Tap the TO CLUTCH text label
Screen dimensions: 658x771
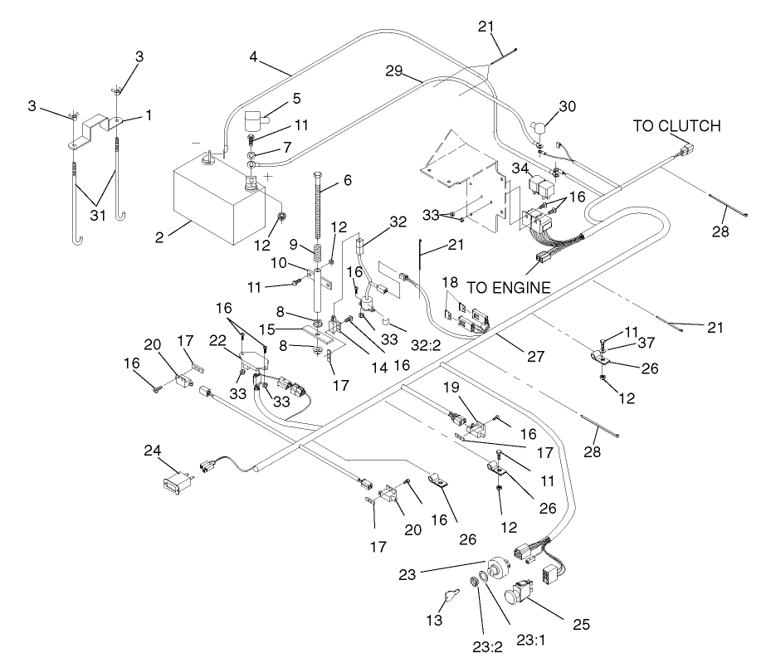click(676, 126)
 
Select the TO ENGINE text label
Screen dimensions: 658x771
click(509, 288)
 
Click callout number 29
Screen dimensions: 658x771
click(397, 72)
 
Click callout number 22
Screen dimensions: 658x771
click(218, 340)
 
